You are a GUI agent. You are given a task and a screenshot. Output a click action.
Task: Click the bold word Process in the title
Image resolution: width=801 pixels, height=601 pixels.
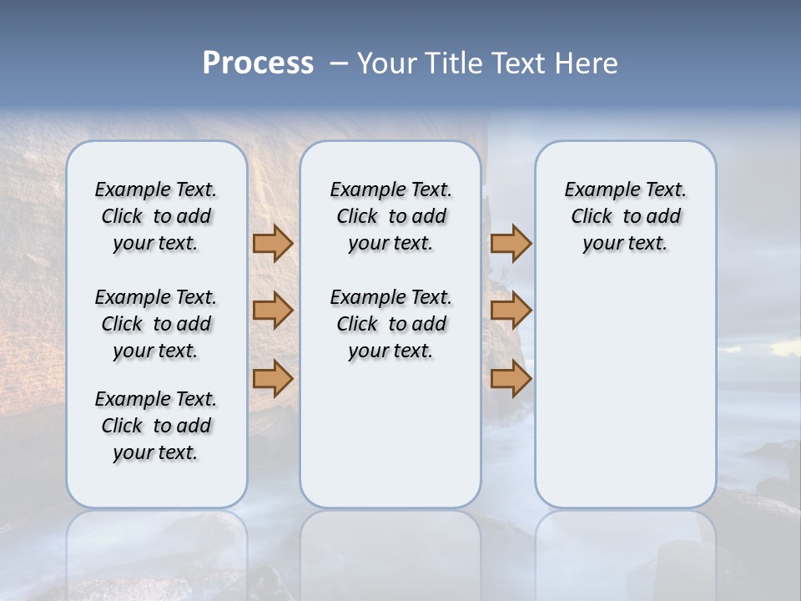point(258,63)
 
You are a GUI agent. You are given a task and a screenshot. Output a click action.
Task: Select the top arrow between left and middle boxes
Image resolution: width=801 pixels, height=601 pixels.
point(273,244)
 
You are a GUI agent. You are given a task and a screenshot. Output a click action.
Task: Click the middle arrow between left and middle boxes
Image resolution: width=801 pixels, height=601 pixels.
point(273,311)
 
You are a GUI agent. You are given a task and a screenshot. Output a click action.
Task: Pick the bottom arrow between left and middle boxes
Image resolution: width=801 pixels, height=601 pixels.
point(273,379)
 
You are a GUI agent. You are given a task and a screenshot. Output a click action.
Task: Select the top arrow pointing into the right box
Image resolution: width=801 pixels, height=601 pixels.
point(511,244)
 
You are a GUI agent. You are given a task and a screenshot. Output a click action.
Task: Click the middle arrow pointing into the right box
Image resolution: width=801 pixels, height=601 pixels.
point(511,311)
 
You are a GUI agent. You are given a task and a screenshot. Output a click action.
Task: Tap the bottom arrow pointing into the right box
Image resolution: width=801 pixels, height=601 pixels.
point(511,379)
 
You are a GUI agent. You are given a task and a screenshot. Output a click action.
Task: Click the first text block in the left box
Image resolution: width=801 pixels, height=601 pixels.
point(156,216)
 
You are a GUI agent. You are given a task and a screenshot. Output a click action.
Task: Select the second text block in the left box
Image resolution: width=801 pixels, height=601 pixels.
point(156,324)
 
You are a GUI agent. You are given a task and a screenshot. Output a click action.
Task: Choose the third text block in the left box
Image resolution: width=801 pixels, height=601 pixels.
point(156,426)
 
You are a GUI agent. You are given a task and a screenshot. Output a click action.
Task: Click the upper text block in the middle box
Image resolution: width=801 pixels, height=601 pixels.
point(390,216)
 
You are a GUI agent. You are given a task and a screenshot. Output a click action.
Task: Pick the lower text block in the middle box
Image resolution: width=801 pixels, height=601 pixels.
point(390,324)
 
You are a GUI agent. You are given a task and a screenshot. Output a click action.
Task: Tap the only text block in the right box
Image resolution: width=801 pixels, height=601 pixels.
point(625,216)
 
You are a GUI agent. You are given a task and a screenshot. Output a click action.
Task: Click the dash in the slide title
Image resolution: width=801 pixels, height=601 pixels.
point(339,63)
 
